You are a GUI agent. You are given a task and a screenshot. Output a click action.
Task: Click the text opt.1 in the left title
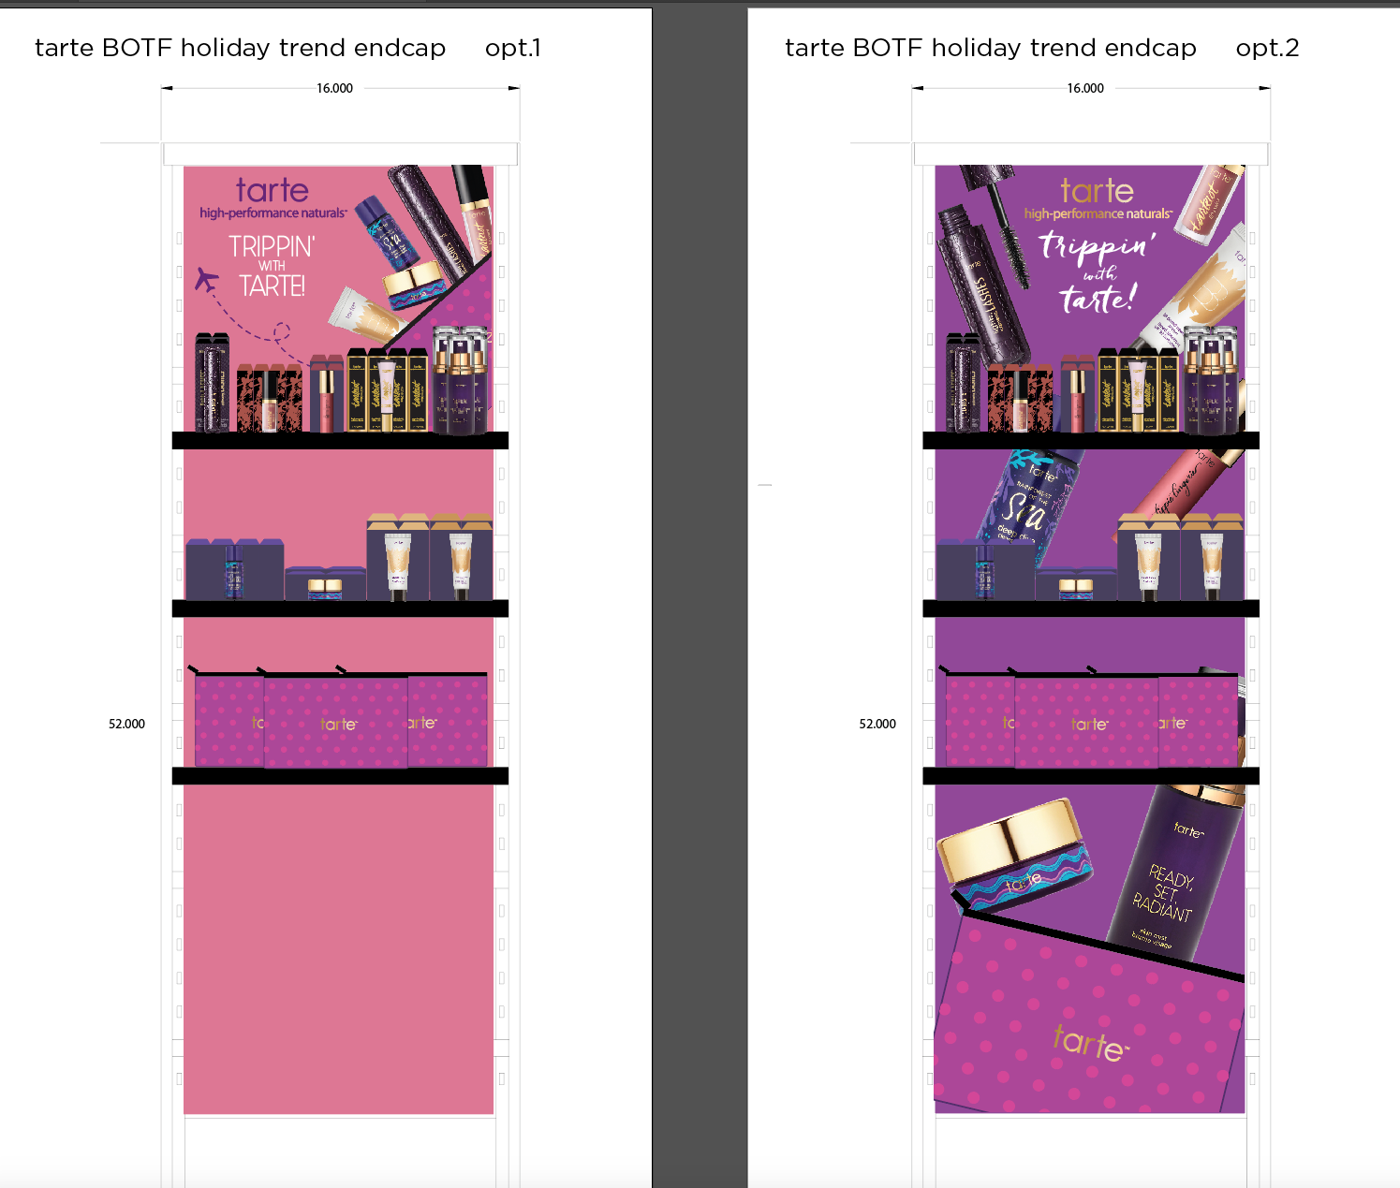pyautogui.click(x=512, y=48)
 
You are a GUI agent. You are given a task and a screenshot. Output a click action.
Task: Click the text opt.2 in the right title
pyautogui.click(x=1267, y=48)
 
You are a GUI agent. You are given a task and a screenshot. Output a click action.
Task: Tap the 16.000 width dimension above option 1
pyautogui.click(x=334, y=88)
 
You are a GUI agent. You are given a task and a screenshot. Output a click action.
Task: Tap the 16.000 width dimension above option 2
pyautogui.click(x=1085, y=88)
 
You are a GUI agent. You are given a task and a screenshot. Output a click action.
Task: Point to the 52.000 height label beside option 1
pyautogui.click(x=126, y=724)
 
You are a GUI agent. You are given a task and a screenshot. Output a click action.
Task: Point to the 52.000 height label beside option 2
pyautogui.click(x=877, y=724)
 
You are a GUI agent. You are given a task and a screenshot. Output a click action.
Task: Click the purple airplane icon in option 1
pyautogui.click(x=206, y=278)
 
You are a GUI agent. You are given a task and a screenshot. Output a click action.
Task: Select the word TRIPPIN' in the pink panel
pyautogui.click(x=272, y=246)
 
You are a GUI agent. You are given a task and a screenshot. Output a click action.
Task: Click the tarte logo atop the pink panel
pyautogui.click(x=272, y=190)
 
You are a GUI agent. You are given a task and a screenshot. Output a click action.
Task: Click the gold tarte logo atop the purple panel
pyautogui.click(x=1097, y=191)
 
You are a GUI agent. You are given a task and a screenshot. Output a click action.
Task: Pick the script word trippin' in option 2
pyautogui.click(x=1097, y=246)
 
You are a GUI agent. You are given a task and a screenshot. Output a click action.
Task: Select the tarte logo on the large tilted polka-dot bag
pyautogui.click(x=1089, y=1042)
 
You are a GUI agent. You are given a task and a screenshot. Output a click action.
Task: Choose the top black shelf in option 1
pyautogui.click(x=340, y=440)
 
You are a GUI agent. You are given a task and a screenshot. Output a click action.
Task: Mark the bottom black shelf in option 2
pyautogui.click(x=1091, y=775)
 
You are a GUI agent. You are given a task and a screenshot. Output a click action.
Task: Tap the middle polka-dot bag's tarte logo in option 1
pyautogui.click(x=338, y=724)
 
